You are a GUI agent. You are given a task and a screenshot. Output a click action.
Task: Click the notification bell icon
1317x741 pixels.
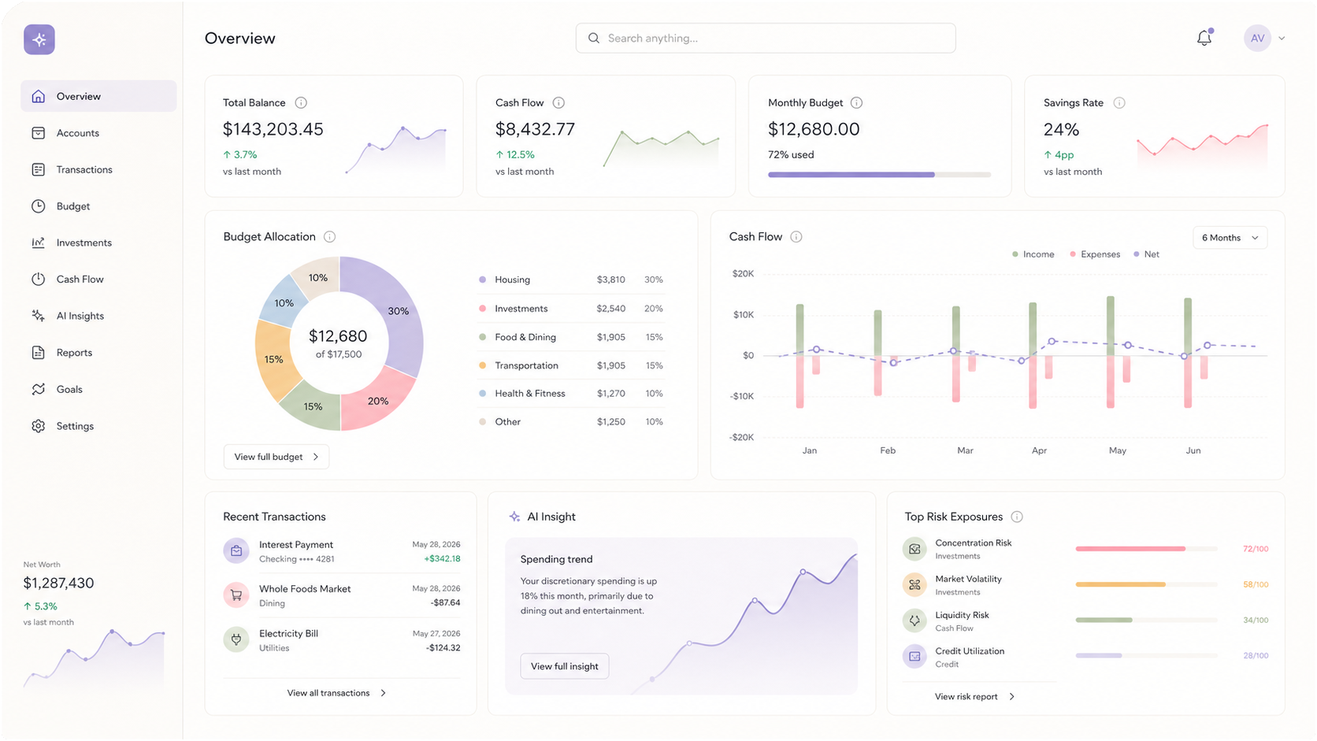[1204, 39]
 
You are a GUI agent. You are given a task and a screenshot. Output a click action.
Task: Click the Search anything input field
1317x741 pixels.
[766, 39]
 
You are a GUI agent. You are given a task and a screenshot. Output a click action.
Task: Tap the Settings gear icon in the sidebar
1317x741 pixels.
[39, 426]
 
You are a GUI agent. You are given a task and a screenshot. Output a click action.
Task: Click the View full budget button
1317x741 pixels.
[276, 457]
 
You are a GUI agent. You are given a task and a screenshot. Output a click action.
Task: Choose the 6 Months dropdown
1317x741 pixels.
[1230, 237]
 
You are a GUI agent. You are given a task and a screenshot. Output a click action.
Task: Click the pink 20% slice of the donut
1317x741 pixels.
[377, 399]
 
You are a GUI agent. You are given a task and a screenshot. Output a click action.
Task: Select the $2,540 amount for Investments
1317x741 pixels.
[611, 309]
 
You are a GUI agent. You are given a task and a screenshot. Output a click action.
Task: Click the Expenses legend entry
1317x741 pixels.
[1095, 254]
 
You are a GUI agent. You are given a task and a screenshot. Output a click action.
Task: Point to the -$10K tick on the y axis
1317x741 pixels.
[741, 396]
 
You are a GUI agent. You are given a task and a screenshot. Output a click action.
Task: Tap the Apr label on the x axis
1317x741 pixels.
[1039, 450]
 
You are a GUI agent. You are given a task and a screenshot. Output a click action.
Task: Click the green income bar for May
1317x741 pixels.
[1110, 325]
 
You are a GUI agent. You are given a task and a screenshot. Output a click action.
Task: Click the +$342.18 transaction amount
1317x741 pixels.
[442, 559]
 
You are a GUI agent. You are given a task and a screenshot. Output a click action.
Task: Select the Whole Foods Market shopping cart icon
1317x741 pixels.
[236, 595]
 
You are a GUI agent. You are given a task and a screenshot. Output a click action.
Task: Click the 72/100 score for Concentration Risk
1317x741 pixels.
[1256, 549]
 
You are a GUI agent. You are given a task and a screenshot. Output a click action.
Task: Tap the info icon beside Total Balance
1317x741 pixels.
[301, 103]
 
